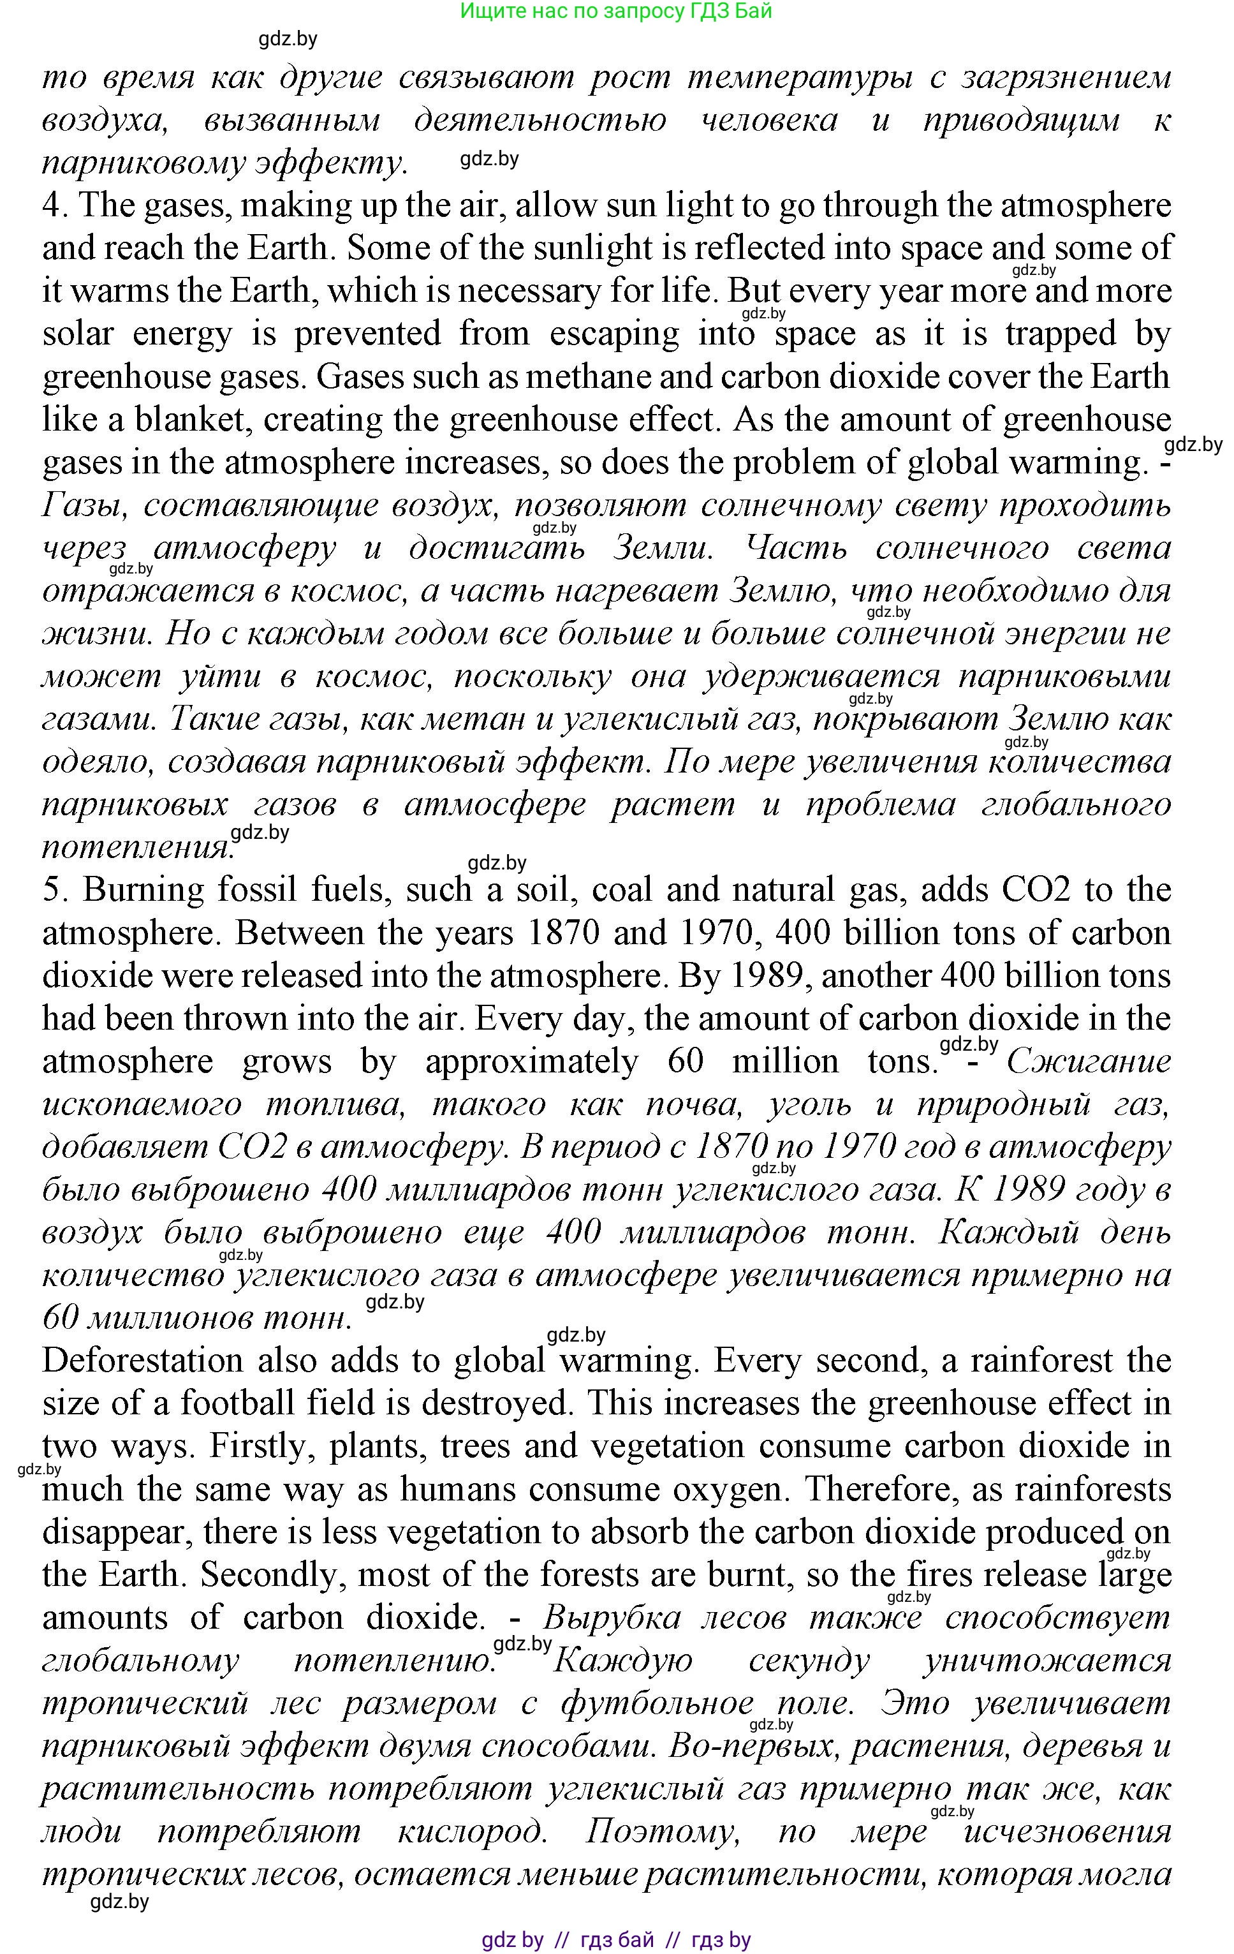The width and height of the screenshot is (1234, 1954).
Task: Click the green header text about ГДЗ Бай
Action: coord(616,11)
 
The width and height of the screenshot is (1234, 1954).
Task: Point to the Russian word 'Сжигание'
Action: coord(1088,1062)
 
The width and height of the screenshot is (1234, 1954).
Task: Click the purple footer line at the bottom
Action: coord(616,1940)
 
